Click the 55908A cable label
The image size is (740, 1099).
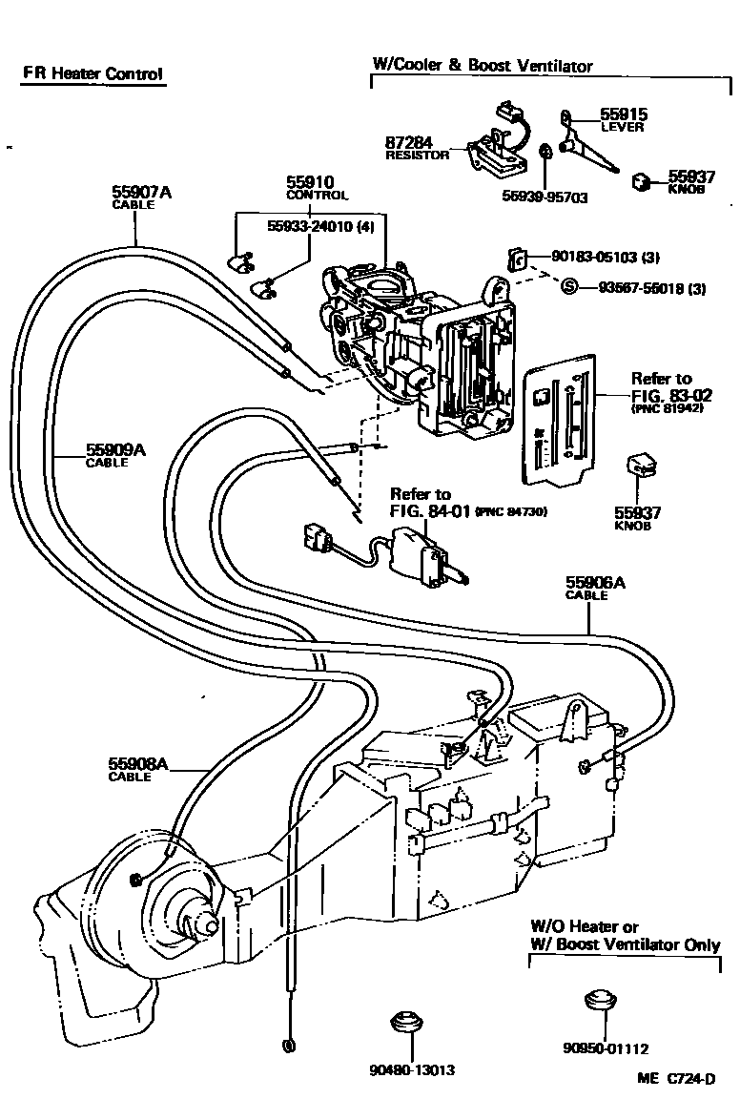(x=138, y=763)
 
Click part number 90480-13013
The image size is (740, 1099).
(x=413, y=1069)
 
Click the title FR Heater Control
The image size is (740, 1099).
(x=93, y=73)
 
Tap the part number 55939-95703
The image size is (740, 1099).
(x=545, y=197)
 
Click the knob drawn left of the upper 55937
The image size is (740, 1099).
(x=641, y=180)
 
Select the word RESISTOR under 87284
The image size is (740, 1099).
(x=417, y=155)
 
